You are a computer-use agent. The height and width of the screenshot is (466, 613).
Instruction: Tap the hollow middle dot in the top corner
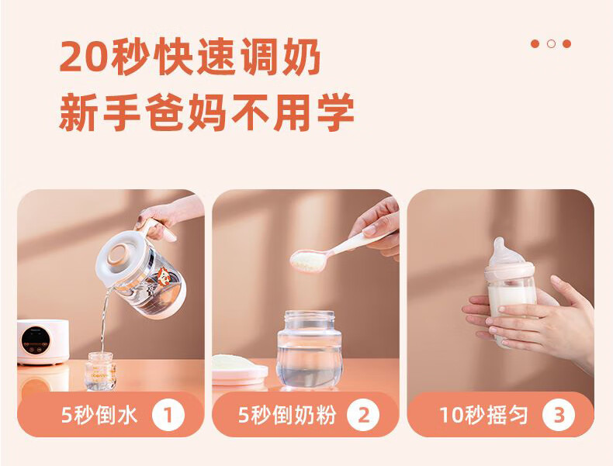(x=551, y=43)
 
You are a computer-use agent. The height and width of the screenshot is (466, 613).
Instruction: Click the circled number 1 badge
(x=168, y=415)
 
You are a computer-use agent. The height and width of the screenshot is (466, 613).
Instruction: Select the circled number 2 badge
(x=363, y=415)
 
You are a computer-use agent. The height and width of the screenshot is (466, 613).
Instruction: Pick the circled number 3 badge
(x=559, y=415)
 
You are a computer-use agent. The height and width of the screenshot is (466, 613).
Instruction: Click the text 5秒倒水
(x=99, y=415)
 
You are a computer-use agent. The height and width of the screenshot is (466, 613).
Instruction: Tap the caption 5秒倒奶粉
(x=287, y=415)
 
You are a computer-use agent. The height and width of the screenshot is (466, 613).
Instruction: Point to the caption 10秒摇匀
(x=483, y=415)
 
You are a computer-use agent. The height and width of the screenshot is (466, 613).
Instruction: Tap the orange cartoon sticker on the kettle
(x=164, y=277)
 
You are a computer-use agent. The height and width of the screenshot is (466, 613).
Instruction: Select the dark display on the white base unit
(x=35, y=340)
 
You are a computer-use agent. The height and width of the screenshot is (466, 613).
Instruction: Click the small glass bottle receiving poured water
(x=100, y=371)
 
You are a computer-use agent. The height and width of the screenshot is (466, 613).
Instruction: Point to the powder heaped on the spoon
(x=309, y=261)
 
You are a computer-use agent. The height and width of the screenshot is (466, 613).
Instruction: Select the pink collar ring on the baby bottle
(x=510, y=271)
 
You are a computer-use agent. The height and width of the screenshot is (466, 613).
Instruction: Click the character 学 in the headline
(x=336, y=112)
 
